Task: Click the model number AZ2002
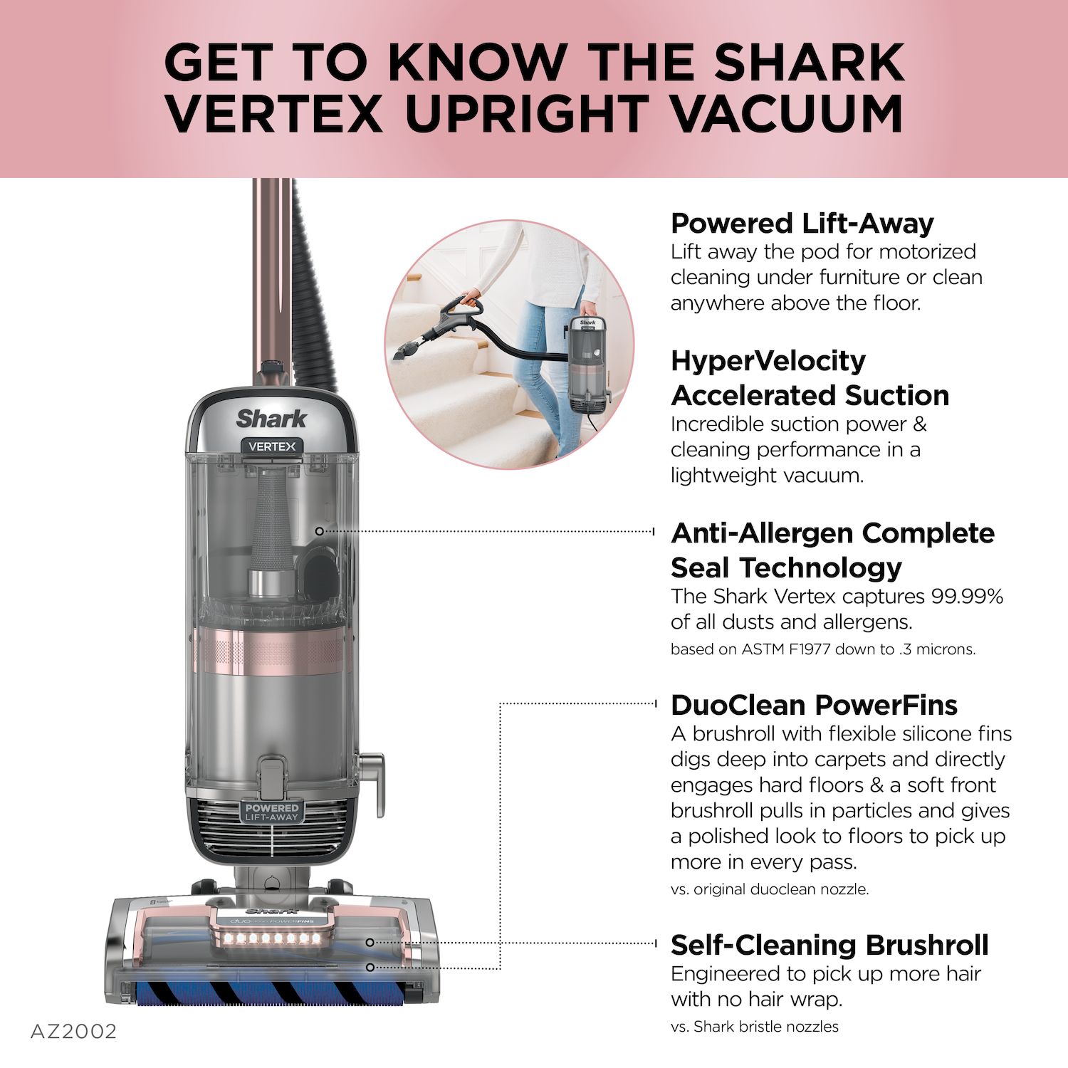(73, 1032)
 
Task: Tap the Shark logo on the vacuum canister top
(271, 419)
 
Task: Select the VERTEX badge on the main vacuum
(272, 446)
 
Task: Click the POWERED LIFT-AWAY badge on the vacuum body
(272, 812)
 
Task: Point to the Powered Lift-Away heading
(802, 224)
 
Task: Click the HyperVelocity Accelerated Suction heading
(810, 378)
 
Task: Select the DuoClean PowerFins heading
(814, 705)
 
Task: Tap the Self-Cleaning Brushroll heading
(829, 945)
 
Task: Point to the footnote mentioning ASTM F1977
(822, 649)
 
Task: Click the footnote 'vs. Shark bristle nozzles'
(754, 1027)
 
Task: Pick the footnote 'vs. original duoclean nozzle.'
(769, 889)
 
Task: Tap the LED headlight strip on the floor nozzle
(271, 938)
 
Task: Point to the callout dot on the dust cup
(319, 531)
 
